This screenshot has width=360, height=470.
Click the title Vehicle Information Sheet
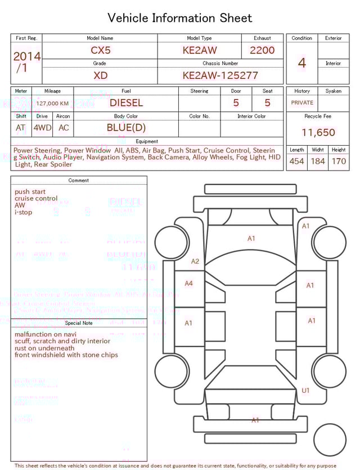pyautogui.click(x=179, y=18)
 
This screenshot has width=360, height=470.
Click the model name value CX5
pyautogui.click(x=101, y=50)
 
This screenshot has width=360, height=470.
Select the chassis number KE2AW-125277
pyautogui.click(x=220, y=75)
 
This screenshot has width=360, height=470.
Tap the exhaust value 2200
pyautogui.click(x=262, y=50)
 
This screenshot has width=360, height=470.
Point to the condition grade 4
pyautogui.click(x=302, y=63)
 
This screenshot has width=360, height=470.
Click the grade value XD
pyautogui.click(x=101, y=75)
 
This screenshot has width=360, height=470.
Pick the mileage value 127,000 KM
pyautogui.click(x=53, y=104)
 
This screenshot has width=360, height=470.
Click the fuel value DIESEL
pyautogui.click(x=126, y=103)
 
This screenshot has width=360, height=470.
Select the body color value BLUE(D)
pyautogui.click(x=126, y=128)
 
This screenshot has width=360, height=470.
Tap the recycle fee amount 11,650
pyautogui.click(x=318, y=133)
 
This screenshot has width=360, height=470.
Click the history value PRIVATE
pyautogui.click(x=302, y=103)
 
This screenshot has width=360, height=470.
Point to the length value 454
pyautogui.click(x=296, y=162)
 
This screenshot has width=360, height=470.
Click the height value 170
pyautogui.click(x=339, y=162)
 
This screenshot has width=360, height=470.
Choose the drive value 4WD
pyautogui.click(x=42, y=128)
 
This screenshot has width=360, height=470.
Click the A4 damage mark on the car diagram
pyautogui.click(x=188, y=284)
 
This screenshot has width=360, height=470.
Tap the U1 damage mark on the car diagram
pyautogui.click(x=305, y=390)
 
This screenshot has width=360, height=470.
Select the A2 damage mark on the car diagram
pyautogui.click(x=195, y=261)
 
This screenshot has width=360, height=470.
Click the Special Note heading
pyautogui.click(x=79, y=323)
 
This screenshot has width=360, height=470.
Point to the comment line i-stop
pyautogui.click(x=24, y=212)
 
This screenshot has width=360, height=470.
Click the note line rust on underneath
pyautogui.click(x=44, y=348)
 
